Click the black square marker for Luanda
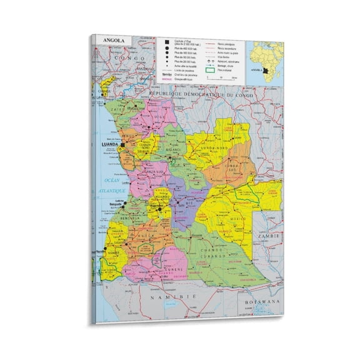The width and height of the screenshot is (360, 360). tap(123, 144)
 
